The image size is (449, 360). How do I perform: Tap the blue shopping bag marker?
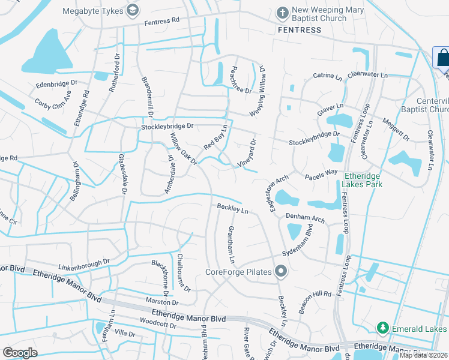[442, 58]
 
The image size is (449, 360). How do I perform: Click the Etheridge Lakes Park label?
[363, 180]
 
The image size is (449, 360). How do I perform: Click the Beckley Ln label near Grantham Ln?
[233, 209]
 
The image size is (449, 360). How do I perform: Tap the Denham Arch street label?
[305, 217]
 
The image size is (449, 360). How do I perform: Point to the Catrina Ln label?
[327, 77]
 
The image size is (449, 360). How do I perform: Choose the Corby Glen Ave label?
[53, 106]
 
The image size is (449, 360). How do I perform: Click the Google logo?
[20, 353]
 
